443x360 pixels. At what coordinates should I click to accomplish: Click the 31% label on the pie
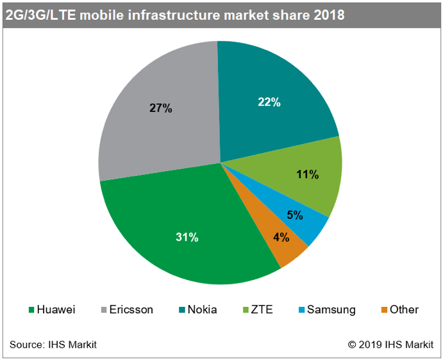click(x=187, y=237)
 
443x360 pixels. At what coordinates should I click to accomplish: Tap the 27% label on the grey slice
click(x=161, y=109)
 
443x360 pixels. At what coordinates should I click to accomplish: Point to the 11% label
click(x=308, y=174)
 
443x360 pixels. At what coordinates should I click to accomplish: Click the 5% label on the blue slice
click(x=295, y=215)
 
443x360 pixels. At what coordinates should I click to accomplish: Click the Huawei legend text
click(x=56, y=310)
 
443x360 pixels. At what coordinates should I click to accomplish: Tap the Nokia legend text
click(x=202, y=310)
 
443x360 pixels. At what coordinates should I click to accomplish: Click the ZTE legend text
click(x=262, y=310)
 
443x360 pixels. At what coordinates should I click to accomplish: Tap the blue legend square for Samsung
click(x=301, y=311)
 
